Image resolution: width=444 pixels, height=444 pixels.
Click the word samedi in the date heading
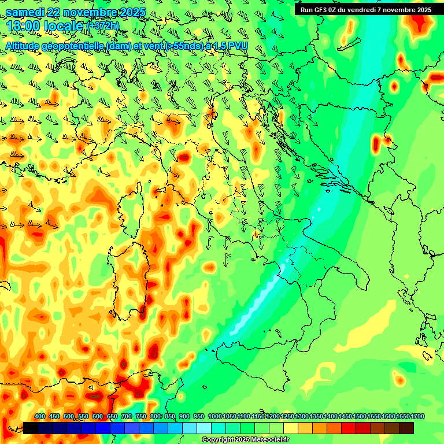pos(25,13)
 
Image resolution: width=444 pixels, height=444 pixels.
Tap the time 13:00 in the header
pos(23,27)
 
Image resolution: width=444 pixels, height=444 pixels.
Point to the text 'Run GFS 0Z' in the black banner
pos(317,9)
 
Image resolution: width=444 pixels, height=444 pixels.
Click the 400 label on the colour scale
pos(40,417)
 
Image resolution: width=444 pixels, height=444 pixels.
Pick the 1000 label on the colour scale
pos(214,417)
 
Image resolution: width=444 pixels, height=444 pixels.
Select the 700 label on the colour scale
pos(127,417)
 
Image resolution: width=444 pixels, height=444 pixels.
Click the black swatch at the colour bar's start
pos(31,428)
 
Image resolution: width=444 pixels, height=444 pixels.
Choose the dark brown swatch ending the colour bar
pos(406,428)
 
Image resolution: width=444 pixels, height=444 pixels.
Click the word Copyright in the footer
pos(218,440)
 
